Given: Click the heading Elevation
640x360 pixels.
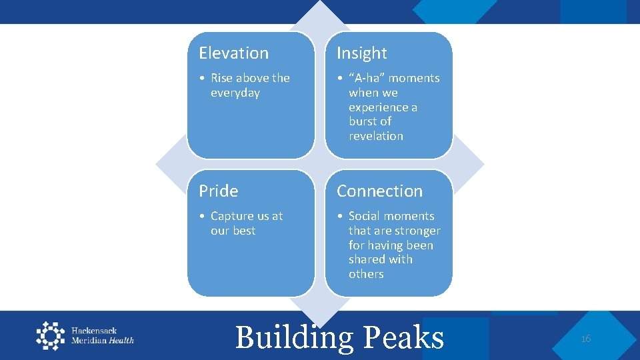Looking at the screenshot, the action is point(233,53).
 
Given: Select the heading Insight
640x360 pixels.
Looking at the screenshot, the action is point(361,53).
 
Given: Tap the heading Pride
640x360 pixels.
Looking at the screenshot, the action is point(218,191).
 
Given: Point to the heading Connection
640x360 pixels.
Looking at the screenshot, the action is point(379,191).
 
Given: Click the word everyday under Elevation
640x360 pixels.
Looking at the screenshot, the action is point(235,93).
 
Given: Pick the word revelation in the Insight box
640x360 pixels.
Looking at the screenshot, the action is point(376,136).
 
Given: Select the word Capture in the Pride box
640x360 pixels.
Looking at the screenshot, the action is point(233,216).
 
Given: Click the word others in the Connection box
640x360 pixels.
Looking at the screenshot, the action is point(366,274).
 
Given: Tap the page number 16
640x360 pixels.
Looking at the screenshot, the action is point(585,339).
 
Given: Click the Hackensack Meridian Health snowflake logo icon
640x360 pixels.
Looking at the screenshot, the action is point(51,335).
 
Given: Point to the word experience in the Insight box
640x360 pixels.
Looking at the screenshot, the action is point(383,107).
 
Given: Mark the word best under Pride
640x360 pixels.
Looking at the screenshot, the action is point(243,231).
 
